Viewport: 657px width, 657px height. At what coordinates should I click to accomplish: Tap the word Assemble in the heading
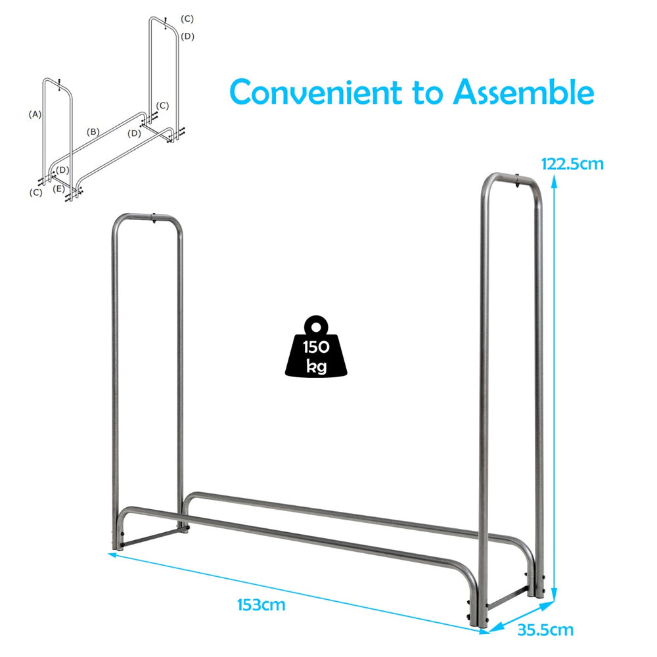[524, 93]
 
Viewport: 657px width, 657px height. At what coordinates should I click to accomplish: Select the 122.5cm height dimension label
[571, 164]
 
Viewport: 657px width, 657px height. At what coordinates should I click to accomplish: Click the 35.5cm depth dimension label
[545, 630]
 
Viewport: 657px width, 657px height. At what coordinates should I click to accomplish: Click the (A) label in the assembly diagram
[35, 114]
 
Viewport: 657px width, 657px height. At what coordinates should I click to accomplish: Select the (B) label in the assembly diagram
[93, 132]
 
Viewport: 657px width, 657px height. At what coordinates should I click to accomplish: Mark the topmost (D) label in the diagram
[188, 36]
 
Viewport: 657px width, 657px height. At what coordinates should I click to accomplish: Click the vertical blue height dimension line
[555, 381]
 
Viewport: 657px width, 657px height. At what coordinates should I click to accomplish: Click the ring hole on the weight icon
[317, 326]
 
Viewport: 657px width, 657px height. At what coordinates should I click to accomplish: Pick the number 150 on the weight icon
[316, 348]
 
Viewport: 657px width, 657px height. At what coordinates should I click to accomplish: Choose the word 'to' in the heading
[430, 93]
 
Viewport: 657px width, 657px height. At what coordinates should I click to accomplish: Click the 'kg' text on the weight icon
[316, 367]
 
